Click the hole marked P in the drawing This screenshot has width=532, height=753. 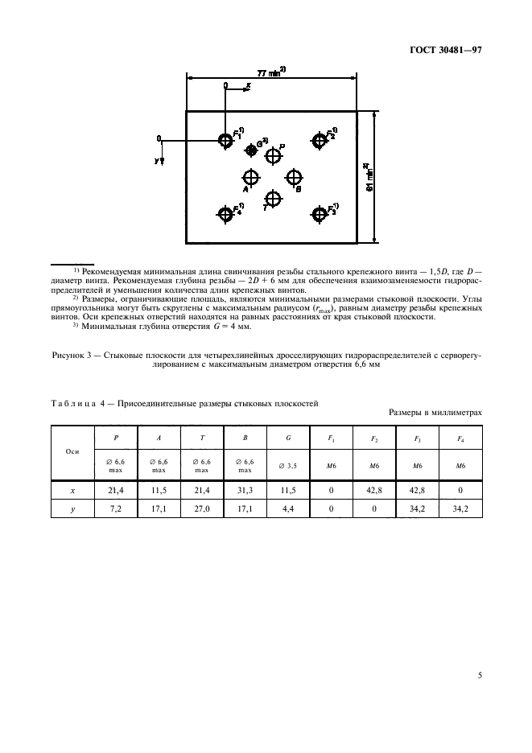[274, 156]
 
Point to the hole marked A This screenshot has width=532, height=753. [251, 177]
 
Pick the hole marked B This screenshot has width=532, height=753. [294, 177]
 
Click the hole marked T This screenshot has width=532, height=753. [274, 198]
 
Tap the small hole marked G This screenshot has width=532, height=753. [251, 150]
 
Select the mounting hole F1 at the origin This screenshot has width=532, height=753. [225, 141]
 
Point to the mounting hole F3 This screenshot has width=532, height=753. [320, 213]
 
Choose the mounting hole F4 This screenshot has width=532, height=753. [225, 213]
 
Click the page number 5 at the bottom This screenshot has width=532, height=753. [479, 676]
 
